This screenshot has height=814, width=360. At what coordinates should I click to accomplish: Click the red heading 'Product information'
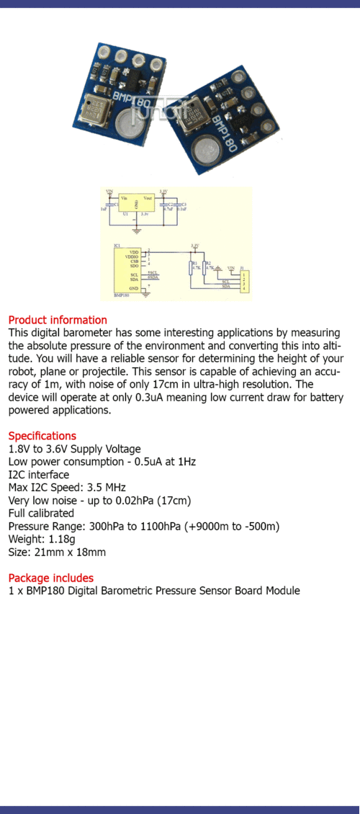coord(58,320)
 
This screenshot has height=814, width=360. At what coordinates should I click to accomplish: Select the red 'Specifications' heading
coord(42,436)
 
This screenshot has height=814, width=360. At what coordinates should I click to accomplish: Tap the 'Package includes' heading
coord(50,578)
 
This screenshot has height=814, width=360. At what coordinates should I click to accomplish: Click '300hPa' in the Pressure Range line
coord(106,527)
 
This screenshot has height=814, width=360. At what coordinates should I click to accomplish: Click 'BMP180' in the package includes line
coord(37,591)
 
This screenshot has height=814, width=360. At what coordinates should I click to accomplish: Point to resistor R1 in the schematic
coord(192,267)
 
